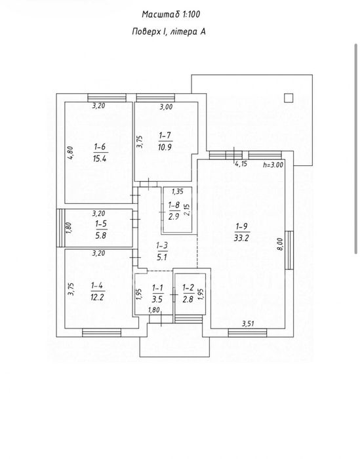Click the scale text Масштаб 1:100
point(171,14)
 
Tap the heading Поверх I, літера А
point(169,31)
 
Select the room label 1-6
point(100,147)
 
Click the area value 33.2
point(241,238)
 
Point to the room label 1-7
point(165,136)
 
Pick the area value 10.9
point(165,148)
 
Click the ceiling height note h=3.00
point(273,165)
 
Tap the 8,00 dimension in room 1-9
point(280,244)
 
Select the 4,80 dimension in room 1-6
point(71,153)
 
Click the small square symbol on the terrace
point(289,98)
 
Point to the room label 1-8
point(174,205)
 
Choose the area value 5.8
point(101,235)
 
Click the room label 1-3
point(162,245)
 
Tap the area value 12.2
point(98,298)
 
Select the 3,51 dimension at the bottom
point(248,323)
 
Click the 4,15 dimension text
point(241,164)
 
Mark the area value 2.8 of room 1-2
point(188,299)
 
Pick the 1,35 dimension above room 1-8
point(177,191)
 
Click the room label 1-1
point(158,289)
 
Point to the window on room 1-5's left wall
point(60,228)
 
